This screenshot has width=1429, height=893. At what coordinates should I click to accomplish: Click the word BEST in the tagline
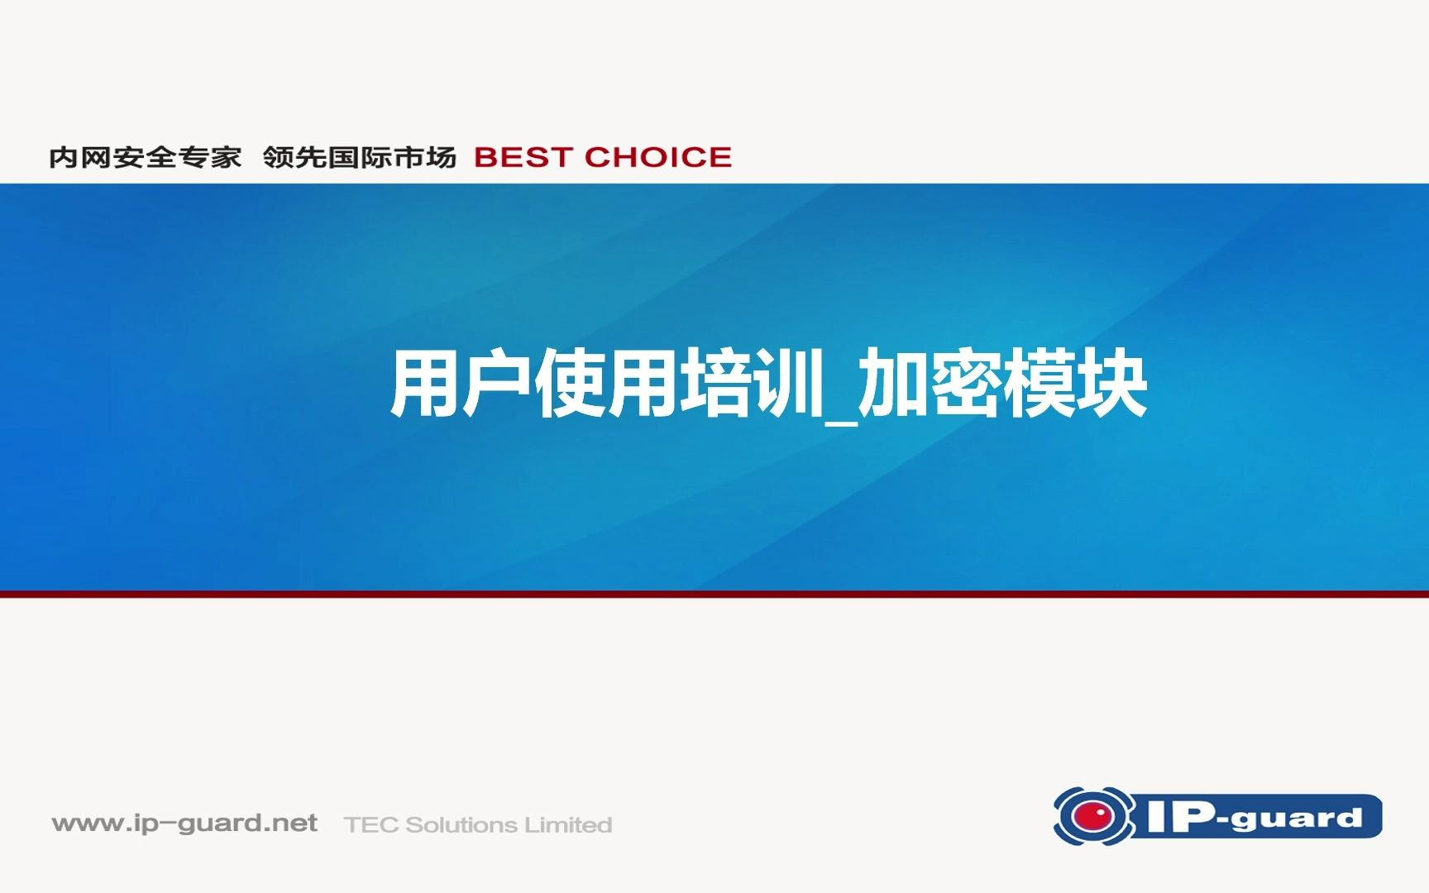click(523, 157)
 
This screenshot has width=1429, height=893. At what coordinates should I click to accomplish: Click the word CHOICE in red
click(658, 157)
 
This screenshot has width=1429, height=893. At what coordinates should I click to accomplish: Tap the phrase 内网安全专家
click(146, 157)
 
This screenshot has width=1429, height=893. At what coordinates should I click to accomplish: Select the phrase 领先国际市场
click(360, 157)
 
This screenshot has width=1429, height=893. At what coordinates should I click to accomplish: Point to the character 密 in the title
click(965, 384)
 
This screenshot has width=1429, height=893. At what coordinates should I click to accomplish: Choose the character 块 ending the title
click(1111, 384)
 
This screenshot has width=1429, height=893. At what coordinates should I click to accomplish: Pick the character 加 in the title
click(893, 384)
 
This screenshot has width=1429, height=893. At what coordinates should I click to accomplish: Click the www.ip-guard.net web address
click(184, 824)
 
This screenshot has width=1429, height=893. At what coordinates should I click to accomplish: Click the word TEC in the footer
click(371, 825)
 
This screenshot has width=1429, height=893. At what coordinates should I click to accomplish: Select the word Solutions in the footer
click(461, 825)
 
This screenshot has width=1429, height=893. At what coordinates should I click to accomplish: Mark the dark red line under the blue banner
click(714, 594)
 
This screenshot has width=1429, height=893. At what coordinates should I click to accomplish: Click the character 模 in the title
click(1037, 384)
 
